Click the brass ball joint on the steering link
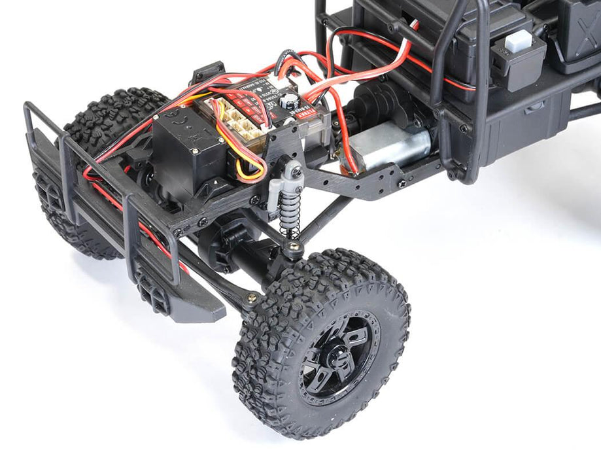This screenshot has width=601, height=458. click(250, 298)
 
